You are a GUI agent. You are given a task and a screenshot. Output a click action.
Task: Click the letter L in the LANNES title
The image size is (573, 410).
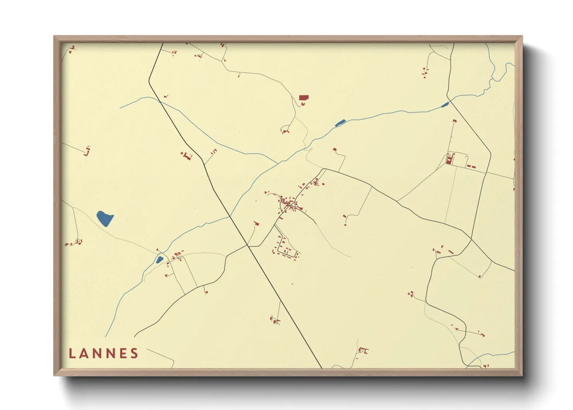(72, 353)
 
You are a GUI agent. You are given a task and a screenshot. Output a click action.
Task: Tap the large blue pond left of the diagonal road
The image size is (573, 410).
(105, 219)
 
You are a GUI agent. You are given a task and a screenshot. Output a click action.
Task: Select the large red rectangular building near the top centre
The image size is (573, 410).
(304, 98)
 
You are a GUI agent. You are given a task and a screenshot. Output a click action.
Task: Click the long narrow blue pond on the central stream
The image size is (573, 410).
(340, 123)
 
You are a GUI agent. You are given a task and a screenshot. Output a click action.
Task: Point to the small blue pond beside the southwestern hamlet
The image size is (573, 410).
(159, 260)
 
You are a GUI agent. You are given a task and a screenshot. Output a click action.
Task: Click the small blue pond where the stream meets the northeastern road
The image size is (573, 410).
(445, 104)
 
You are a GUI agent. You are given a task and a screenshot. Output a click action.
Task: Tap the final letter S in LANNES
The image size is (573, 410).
(134, 353)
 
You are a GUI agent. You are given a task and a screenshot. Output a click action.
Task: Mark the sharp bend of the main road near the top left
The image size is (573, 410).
(149, 81)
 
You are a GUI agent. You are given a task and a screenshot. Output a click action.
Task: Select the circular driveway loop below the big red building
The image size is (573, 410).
(286, 129)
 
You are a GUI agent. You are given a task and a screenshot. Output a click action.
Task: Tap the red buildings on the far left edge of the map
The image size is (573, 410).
(87, 151)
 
